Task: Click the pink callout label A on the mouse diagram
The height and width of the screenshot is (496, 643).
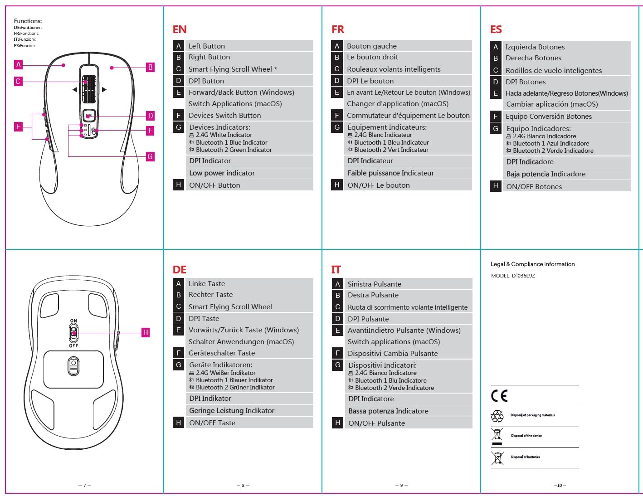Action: [x=19, y=65]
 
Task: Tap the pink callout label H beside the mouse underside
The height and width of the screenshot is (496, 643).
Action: [x=145, y=332]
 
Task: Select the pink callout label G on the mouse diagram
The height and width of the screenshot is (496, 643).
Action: [x=150, y=156]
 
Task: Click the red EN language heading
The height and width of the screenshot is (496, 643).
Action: [x=180, y=30]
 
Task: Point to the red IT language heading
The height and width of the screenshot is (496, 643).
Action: [x=336, y=270]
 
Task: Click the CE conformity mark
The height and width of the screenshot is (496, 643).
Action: [x=499, y=396]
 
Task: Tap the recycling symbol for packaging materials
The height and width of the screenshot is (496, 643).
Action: [x=497, y=416]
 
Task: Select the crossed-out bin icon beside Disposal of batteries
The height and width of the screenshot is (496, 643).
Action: [x=497, y=458]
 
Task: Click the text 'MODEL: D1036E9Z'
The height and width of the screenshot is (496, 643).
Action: [x=513, y=276]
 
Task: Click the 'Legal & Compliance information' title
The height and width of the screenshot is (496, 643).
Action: [x=532, y=264]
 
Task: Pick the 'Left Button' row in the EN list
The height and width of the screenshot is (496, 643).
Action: [x=206, y=46]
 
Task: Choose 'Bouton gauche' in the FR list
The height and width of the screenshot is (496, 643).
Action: [x=371, y=46]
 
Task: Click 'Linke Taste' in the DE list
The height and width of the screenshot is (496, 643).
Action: [x=206, y=283]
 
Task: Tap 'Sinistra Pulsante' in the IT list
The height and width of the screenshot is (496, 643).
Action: [x=374, y=284]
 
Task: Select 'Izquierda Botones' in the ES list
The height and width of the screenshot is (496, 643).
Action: [x=535, y=47]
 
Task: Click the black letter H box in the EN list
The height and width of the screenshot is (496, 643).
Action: [x=179, y=185]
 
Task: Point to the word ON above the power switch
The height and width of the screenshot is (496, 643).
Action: [x=73, y=321]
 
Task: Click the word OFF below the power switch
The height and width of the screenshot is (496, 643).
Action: [x=73, y=345]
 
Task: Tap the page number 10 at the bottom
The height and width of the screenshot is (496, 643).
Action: [x=559, y=486]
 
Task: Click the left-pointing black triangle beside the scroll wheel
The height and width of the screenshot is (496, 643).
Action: [x=74, y=90]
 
